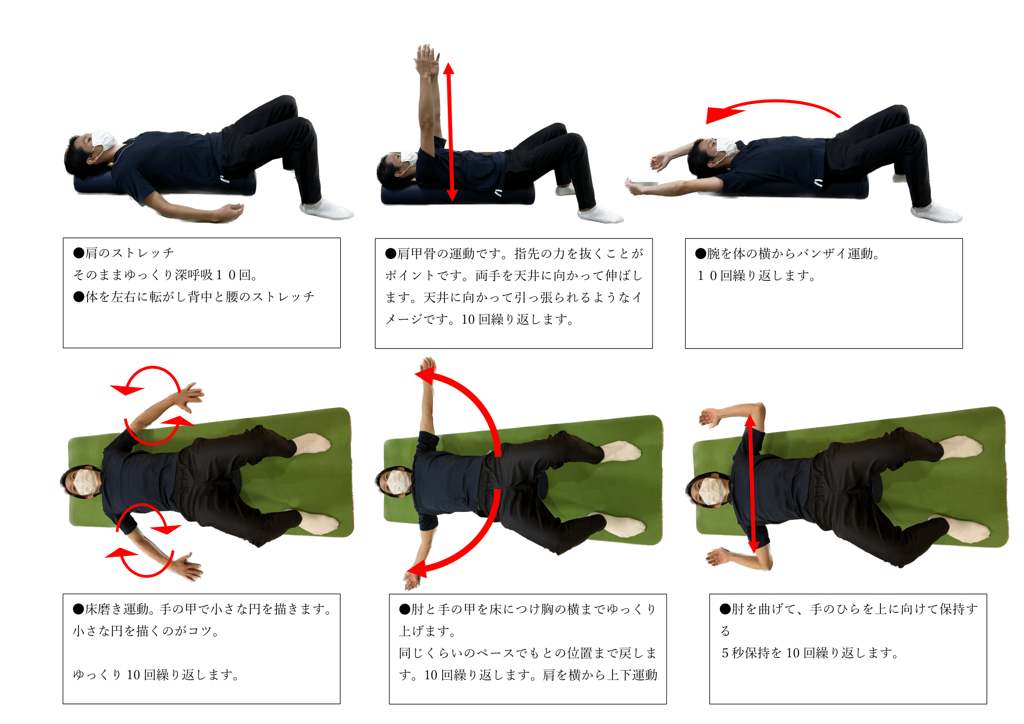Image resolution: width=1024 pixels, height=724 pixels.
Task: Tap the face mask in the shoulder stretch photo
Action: [x=103, y=140]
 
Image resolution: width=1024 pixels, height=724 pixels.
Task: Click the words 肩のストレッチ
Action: [x=129, y=253]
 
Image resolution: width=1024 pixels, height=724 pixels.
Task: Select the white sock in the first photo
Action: [x=328, y=210]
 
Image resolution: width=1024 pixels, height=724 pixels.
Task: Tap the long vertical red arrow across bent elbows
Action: [x=752, y=484]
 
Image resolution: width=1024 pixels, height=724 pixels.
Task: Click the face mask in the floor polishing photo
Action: [x=85, y=482]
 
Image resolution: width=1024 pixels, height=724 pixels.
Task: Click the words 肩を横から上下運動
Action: [x=600, y=675]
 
